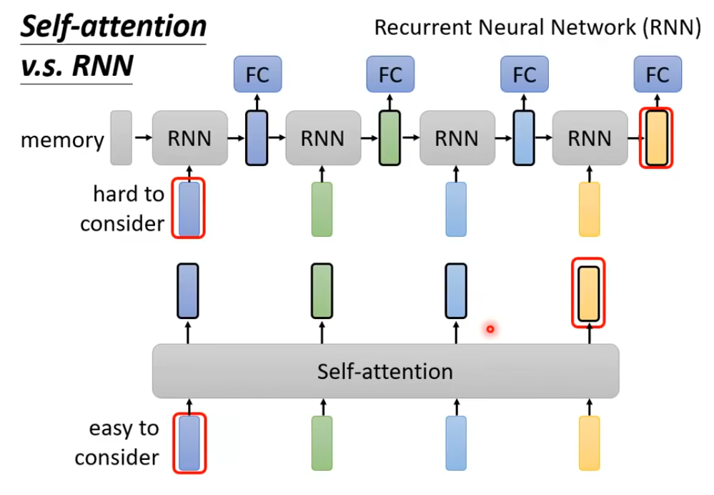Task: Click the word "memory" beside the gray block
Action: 62,139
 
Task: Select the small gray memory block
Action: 122,137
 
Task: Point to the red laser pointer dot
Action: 490,329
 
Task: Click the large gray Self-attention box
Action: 385,371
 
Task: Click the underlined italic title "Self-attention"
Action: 112,27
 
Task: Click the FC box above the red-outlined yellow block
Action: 658,74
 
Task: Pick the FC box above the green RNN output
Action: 390,74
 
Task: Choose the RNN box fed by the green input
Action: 322,137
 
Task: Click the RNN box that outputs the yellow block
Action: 590,137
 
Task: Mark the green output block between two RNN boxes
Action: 390,137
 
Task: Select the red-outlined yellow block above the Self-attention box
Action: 589,293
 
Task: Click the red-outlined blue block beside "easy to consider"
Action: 189,443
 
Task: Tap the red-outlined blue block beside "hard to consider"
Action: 189,208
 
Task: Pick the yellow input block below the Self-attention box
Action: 590,443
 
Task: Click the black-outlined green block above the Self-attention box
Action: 322,290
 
